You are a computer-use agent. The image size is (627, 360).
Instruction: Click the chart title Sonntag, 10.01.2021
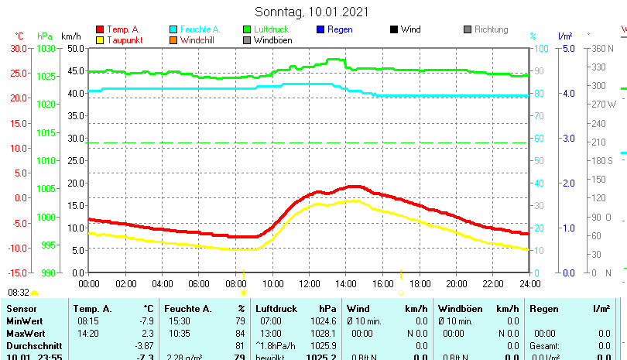pos(312,12)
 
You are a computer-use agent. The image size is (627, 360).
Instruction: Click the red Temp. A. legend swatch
pos(99,29)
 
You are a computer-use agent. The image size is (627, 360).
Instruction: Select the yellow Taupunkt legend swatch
pos(99,40)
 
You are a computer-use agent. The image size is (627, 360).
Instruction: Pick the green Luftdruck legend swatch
pos(247,29)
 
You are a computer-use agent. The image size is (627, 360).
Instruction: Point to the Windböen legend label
pos(273,40)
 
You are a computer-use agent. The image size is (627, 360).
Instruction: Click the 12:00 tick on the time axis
pos(309,284)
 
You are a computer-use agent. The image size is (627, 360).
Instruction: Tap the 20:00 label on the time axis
pos(456,284)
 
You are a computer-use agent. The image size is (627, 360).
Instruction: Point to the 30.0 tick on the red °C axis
pos(19,48)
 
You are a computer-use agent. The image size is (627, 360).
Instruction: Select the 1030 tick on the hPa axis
pos(46,48)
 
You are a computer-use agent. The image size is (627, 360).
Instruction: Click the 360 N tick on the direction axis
pos(602,48)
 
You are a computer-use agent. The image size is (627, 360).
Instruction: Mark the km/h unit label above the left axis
pos(70,36)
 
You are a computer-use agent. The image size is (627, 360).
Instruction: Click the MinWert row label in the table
pos(23,321)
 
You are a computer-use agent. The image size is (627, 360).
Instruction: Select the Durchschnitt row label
pos(31,345)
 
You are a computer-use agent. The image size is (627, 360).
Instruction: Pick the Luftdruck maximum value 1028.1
pos(324,333)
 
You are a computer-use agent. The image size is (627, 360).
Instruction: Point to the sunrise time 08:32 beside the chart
pos(19,293)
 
